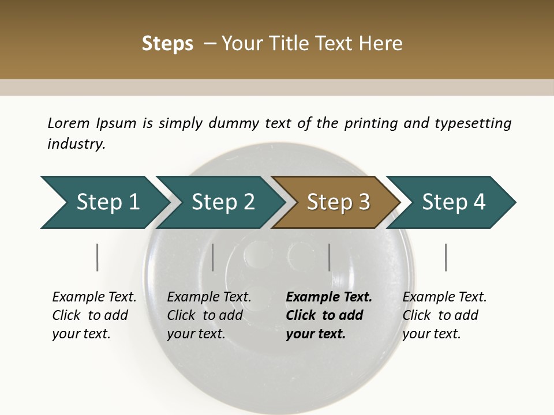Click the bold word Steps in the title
tap(167, 44)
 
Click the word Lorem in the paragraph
tap(68, 123)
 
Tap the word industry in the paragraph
tap(76, 144)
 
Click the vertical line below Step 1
tap(98, 257)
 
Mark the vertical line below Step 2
tap(213, 257)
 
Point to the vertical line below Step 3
tap(329, 257)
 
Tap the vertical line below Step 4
tap(446, 257)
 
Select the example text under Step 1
tap(94, 315)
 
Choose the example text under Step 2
tap(209, 315)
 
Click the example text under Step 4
tap(444, 315)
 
